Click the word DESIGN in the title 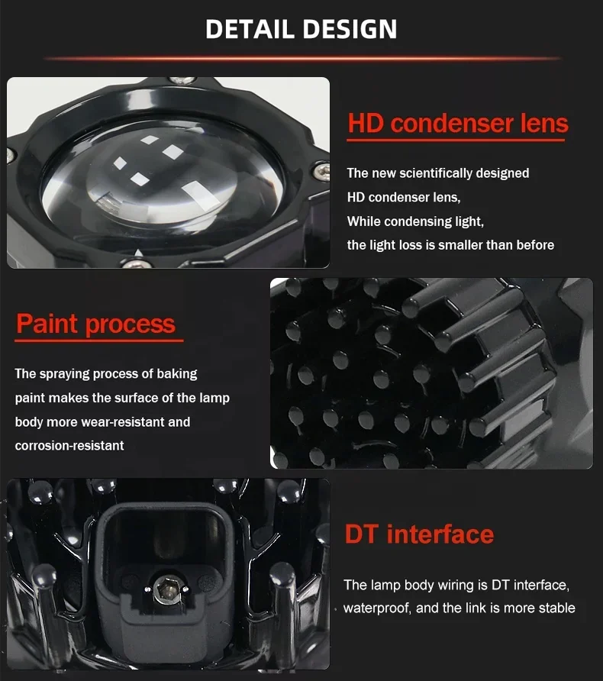click(350, 29)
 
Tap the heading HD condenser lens click(458, 124)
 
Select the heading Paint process click(95, 324)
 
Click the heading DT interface click(419, 534)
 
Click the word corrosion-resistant click(69, 446)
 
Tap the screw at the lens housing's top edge click(182, 80)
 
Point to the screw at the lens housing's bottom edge click(135, 263)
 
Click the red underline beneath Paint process click(99, 341)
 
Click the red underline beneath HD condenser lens click(456, 140)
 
